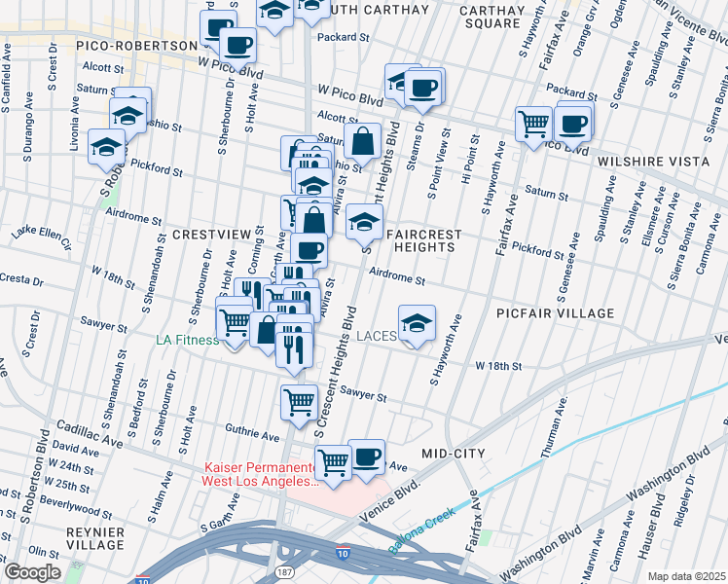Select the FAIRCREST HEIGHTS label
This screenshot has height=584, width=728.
(x=420, y=240)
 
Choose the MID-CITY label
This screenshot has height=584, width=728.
(x=453, y=455)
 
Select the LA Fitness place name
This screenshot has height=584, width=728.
(x=188, y=341)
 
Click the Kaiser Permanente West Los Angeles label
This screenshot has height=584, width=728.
(x=260, y=474)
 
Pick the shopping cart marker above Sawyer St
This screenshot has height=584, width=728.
(x=299, y=399)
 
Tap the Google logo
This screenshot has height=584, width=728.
(x=32, y=572)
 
